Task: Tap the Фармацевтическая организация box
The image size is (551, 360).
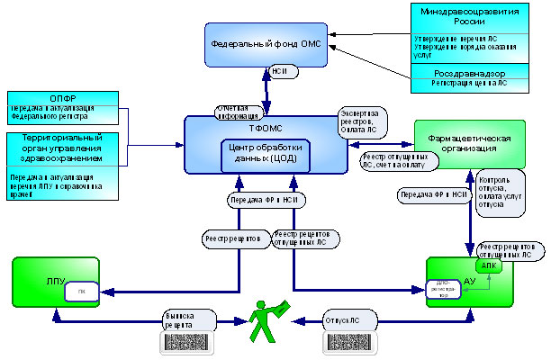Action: coord(467,143)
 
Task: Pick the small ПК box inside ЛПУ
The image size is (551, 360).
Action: coord(81,291)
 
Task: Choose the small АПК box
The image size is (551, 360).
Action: coord(486,266)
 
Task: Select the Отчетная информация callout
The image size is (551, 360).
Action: coord(239,112)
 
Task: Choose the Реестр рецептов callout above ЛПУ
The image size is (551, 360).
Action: coord(233,238)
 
